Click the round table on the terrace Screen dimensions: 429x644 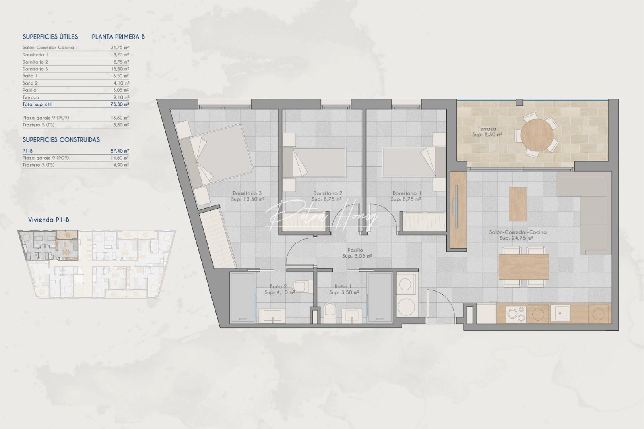click(x=537, y=134)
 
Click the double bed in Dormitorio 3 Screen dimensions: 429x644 click(x=223, y=155)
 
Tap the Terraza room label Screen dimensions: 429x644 click(x=487, y=129)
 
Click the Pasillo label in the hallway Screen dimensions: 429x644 click(x=355, y=250)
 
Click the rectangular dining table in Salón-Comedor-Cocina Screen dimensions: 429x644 click(x=524, y=266)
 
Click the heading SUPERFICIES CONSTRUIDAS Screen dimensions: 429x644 click(x=61, y=140)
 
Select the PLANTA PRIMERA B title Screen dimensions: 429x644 click(x=118, y=37)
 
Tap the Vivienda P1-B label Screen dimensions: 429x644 click(x=48, y=220)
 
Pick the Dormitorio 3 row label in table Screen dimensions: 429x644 click(x=35, y=69)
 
